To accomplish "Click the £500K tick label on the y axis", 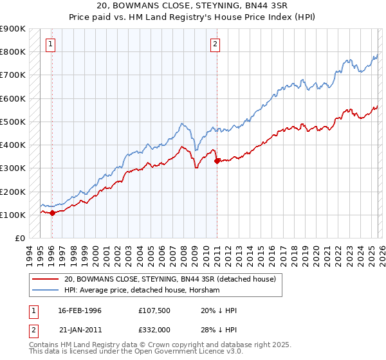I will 13,122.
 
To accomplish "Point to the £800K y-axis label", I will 13,51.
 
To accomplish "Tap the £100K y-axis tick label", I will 13,215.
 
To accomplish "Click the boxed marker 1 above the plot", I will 50,44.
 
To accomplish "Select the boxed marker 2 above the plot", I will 215,44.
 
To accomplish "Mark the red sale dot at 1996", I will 52,213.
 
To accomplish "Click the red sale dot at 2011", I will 217,161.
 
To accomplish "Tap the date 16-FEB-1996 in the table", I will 80,310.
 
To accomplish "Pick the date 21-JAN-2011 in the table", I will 80,330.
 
